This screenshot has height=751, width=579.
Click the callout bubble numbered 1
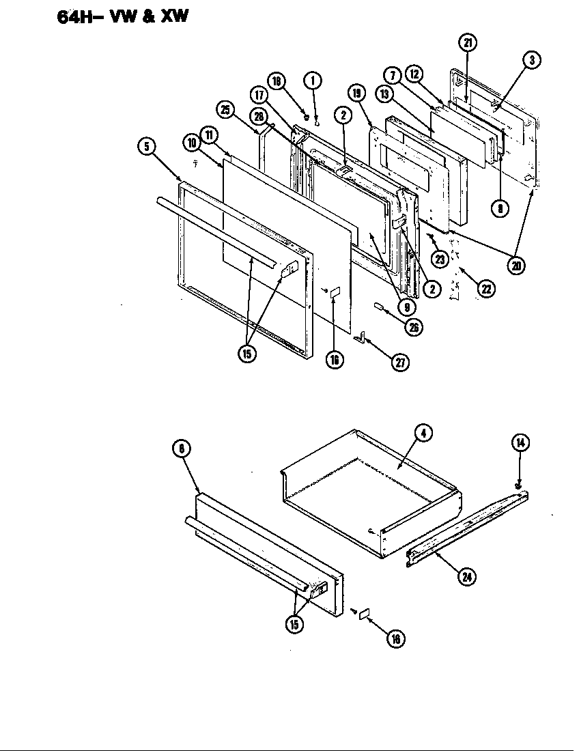click(x=312, y=80)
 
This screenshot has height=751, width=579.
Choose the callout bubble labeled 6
click(x=182, y=449)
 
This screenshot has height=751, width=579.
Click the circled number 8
click(x=500, y=209)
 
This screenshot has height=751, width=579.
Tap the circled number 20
click(x=516, y=265)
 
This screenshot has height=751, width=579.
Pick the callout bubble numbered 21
click(x=468, y=43)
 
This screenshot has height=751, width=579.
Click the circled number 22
click(x=485, y=288)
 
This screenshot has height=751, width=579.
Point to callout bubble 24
click(x=467, y=576)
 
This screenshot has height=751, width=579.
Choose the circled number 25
click(x=225, y=109)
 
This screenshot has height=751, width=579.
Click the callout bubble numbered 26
click(x=412, y=327)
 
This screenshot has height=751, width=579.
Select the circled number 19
click(x=356, y=93)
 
